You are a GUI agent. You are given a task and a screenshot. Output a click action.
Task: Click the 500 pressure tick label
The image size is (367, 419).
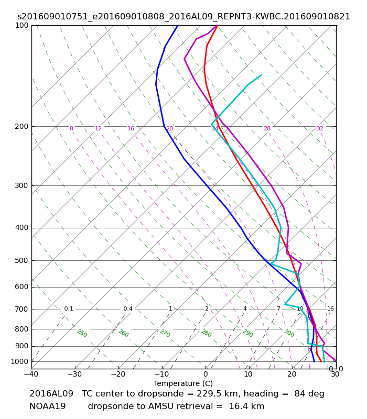21,260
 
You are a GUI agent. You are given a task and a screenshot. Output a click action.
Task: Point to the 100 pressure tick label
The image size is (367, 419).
21,25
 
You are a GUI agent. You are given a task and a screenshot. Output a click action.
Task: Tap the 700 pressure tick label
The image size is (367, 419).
21,310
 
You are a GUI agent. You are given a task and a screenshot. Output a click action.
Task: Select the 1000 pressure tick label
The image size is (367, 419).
19,361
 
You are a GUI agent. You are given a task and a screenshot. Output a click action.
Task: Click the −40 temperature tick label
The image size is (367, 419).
31,374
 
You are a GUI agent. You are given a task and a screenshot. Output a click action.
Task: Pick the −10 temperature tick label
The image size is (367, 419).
162,374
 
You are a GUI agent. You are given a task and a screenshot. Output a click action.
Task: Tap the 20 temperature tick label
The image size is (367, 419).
292,374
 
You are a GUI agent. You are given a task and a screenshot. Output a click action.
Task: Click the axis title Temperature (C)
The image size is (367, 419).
183,383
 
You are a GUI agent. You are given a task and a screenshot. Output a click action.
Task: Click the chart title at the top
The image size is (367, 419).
183,17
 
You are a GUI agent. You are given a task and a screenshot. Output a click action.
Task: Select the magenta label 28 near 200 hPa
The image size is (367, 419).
267,128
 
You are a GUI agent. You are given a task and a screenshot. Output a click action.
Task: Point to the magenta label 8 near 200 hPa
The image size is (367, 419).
71,128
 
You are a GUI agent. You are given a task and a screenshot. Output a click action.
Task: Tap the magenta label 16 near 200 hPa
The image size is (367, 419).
131,128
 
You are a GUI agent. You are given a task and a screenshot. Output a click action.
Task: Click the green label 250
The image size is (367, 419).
82,333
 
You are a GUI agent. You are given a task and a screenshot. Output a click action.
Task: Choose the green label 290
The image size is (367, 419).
247,333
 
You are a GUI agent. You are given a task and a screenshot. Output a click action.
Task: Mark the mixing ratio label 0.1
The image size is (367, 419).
69,308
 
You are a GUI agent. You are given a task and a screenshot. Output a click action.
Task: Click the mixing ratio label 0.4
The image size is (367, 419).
128,308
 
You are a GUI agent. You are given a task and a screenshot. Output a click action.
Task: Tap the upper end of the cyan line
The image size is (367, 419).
261,75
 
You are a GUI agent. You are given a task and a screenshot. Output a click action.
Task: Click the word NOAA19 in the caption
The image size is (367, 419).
48,406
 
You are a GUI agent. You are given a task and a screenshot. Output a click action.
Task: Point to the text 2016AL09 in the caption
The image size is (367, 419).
51,394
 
